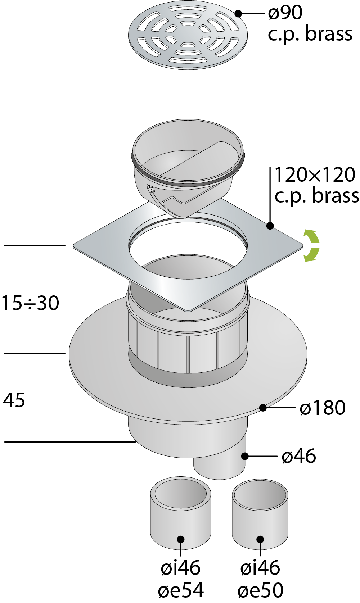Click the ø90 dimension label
(x=285, y=13)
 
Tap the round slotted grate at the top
(x=188, y=35)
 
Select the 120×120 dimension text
(x=315, y=175)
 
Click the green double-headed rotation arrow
(x=311, y=245)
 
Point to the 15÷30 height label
(x=31, y=303)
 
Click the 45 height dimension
(x=14, y=400)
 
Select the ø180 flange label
(x=323, y=408)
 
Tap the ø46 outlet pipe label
(x=299, y=456)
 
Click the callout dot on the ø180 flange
(x=263, y=408)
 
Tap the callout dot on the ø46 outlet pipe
(x=245, y=456)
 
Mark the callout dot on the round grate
(x=238, y=13)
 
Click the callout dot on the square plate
(x=270, y=226)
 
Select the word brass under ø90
(x=329, y=34)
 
